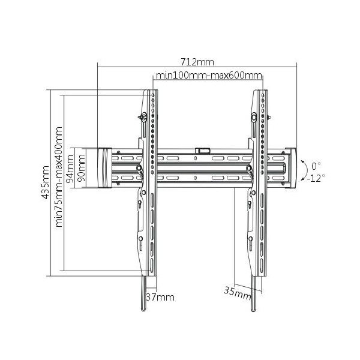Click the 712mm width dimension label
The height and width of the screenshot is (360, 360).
point(197,62)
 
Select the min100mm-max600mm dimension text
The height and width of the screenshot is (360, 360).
point(209,76)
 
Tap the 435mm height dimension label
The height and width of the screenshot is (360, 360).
point(45,182)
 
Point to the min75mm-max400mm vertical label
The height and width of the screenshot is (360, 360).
point(59,177)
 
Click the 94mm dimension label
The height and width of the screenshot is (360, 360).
point(70,169)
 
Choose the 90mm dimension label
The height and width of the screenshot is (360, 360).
point(81,168)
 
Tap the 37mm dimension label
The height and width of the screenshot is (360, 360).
point(160,298)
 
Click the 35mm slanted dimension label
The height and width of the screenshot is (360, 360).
point(238,293)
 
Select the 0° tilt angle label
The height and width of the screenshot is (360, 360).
point(316,166)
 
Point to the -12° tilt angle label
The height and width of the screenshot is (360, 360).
point(316,178)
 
